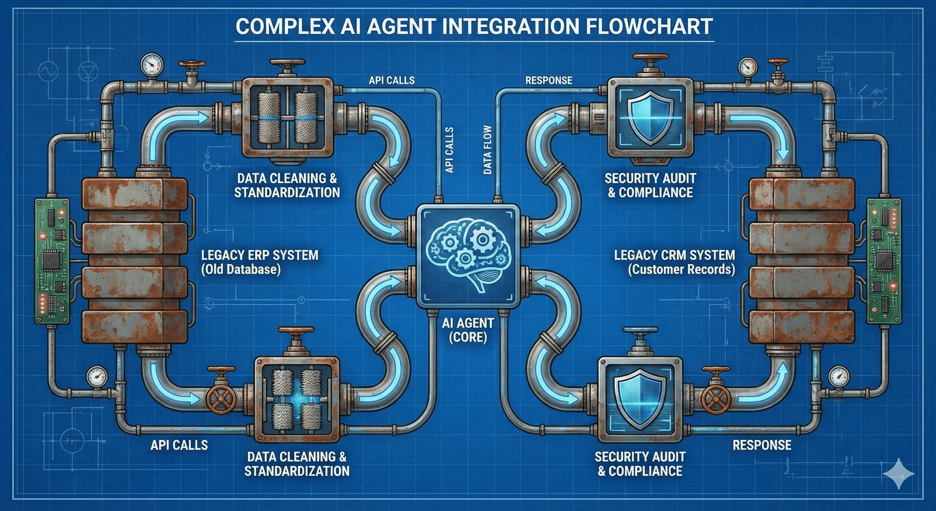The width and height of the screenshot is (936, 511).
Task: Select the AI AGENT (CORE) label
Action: point(468,330)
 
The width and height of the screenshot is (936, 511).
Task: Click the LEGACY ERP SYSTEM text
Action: point(260,255)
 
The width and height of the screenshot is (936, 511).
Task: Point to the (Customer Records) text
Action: point(681,269)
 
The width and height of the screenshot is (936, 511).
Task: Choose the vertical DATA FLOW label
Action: point(488,150)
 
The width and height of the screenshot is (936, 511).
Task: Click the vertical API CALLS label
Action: point(449,150)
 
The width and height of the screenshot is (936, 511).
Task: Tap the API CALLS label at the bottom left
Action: point(179,445)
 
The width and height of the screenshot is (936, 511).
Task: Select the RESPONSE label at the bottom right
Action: point(761,445)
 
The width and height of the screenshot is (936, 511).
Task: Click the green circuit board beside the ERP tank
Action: point(52,260)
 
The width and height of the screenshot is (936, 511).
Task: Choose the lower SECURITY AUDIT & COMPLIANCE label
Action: point(640,464)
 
